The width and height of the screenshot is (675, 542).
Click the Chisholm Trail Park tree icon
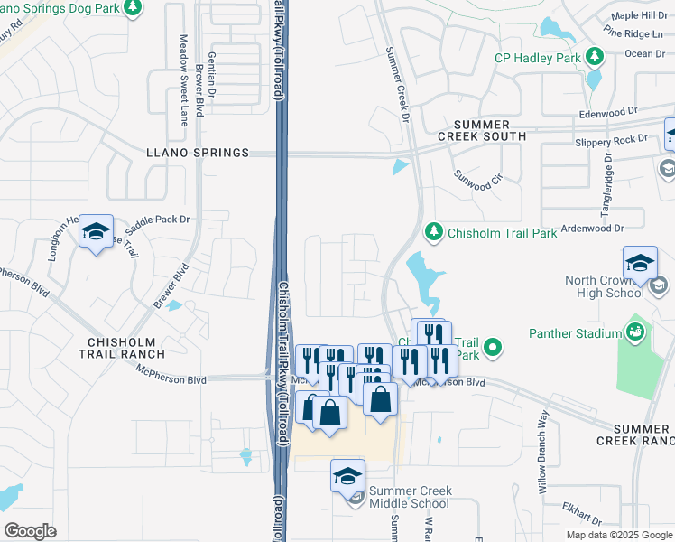click(x=434, y=232)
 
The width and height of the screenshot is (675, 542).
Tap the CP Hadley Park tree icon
click(x=594, y=58)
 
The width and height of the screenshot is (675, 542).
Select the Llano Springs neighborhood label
click(x=198, y=154)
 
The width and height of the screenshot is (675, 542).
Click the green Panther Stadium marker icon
click(x=636, y=332)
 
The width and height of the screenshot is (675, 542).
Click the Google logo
click(x=30, y=530)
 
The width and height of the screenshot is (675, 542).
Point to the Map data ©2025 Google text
click(x=618, y=535)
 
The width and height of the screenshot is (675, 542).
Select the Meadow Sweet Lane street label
click(x=183, y=80)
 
